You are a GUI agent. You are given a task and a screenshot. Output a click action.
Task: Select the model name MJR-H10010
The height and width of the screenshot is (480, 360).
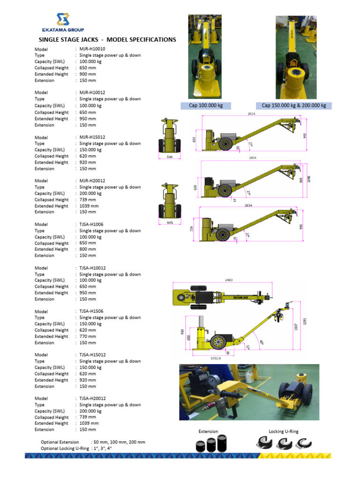tap(92, 49)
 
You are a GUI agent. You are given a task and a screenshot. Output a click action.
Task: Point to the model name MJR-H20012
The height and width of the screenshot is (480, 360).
tap(92, 181)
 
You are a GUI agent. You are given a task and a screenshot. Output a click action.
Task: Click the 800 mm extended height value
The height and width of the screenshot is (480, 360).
tap(88, 249)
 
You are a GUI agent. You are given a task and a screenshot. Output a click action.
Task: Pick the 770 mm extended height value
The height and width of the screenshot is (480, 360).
tap(88, 337)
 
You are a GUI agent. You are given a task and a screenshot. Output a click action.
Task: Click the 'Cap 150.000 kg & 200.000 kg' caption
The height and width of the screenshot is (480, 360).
tap(293, 106)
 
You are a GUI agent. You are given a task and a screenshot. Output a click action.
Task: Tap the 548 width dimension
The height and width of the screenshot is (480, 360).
tap(169, 157)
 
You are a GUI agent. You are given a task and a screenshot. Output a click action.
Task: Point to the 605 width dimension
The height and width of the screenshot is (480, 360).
tap(170, 223)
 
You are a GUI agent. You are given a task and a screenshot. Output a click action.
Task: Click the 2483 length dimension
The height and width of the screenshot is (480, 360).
tap(229, 280)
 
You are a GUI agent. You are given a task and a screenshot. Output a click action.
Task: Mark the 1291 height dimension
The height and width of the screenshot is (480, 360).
tap(305, 322)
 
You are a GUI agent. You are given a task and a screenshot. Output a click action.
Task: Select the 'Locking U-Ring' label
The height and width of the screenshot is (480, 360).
tap(283, 431)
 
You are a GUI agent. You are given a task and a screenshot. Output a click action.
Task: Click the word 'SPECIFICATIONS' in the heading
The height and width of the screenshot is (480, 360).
tap(148, 40)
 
